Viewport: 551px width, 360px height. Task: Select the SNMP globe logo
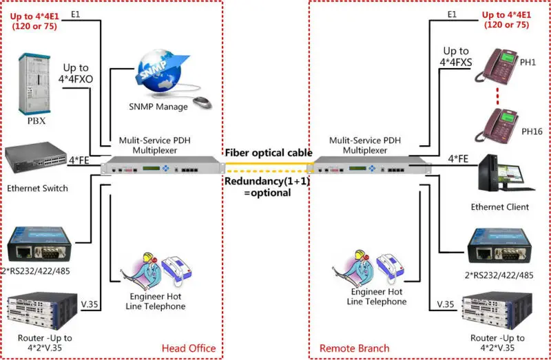coord(162,65)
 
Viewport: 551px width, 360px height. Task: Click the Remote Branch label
coord(354,348)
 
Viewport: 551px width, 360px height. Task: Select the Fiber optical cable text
coord(268,152)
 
